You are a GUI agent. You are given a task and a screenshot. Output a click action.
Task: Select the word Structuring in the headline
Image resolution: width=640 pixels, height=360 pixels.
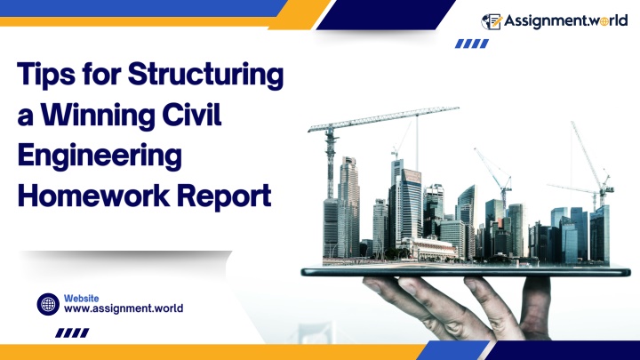click(x=205, y=75)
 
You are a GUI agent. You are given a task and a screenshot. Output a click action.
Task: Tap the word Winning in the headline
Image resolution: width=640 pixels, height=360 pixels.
click(x=98, y=115)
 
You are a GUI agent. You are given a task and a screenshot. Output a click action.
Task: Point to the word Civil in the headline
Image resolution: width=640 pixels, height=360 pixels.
click(x=191, y=114)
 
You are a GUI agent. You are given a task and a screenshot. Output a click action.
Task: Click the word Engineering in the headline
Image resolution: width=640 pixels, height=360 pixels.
click(x=100, y=156)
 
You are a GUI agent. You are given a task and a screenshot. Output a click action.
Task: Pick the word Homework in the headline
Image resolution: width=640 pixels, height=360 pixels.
click(x=93, y=195)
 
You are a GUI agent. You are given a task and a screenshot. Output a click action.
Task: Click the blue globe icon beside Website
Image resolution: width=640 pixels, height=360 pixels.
click(x=48, y=304)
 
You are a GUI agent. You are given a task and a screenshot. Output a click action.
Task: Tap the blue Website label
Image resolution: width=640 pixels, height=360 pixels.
click(x=81, y=299)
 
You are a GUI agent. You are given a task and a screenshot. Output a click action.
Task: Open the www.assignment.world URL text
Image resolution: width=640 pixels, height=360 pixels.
click(x=124, y=308)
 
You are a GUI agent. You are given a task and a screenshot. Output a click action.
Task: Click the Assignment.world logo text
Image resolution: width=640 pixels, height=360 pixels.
click(x=565, y=20)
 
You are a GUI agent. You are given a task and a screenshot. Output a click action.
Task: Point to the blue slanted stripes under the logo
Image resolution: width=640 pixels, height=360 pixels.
click(x=472, y=44)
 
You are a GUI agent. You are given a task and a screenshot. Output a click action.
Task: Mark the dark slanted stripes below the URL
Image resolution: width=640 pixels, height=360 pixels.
click(x=72, y=332)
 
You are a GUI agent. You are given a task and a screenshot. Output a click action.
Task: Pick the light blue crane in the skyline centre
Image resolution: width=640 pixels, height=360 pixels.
click(x=495, y=175)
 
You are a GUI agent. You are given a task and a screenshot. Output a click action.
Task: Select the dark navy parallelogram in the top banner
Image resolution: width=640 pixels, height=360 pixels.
click(x=386, y=15)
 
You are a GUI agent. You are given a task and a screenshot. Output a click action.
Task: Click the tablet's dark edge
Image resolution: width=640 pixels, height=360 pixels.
click(x=466, y=272)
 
